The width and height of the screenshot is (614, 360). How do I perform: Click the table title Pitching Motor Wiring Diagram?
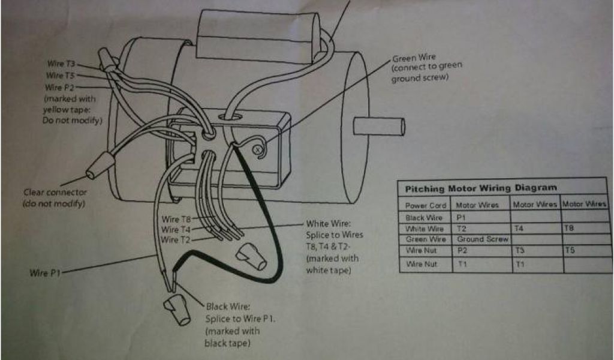pyautogui.click(x=481, y=188)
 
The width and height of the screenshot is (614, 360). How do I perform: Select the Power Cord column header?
pyautogui.click(x=425, y=205)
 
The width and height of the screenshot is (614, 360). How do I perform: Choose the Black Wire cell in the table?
pyautogui.click(x=424, y=217)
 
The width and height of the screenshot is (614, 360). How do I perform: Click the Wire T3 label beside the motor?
pyautogui.click(x=62, y=63)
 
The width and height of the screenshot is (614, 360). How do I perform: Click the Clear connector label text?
pyautogui.click(x=55, y=193)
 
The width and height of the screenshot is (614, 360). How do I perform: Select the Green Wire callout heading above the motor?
pyautogui.click(x=414, y=58)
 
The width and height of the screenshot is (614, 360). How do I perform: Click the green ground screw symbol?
pyautogui.click(x=259, y=148)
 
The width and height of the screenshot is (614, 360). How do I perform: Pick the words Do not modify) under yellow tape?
pyautogui.click(x=72, y=121)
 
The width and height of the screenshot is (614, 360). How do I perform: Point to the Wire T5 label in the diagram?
pyautogui.click(x=62, y=76)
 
